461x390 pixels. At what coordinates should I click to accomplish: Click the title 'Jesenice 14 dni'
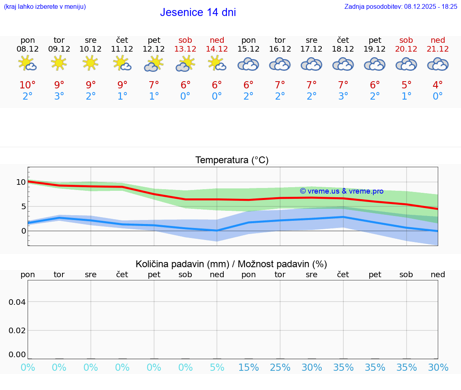click(x=198, y=12)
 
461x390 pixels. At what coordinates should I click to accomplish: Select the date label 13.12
click(x=185, y=49)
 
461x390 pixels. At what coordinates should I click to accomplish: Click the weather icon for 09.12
click(x=59, y=63)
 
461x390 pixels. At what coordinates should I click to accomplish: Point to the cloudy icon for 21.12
click(x=438, y=64)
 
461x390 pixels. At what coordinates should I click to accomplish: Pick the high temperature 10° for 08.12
click(x=28, y=85)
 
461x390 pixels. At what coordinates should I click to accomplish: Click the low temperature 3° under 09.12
click(x=59, y=96)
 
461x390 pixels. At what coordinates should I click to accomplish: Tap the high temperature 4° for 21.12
click(x=438, y=85)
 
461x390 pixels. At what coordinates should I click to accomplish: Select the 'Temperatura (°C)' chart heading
click(x=232, y=160)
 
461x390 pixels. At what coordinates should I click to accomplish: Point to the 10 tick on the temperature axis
click(x=21, y=182)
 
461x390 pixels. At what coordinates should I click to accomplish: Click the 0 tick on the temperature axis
click(x=23, y=231)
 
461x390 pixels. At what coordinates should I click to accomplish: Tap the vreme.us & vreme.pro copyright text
click(x=341, y=191)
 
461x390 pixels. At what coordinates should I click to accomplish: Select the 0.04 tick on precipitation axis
click(x=18, y=302)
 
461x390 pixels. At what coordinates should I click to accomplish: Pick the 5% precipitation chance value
click(x=217, y=368)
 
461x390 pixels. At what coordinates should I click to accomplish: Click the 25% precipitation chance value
click(x=280, y=368)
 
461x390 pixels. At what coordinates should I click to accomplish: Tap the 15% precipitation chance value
click(x=249, y=368)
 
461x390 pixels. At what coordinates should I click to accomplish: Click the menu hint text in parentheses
click(x=45, y=6)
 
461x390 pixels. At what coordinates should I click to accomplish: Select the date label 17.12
click(x=311, y=49)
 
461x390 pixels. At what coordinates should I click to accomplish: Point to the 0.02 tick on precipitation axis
click(x=18, y=330)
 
